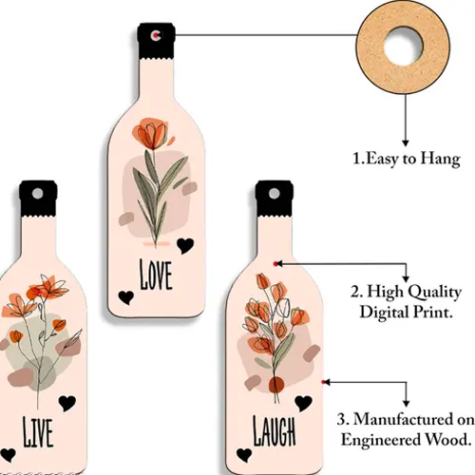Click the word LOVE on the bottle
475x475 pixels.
coord(156,275)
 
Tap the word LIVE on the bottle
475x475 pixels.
coord(38,432)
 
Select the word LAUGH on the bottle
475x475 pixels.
coord(275,431)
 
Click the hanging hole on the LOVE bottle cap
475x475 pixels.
coord(156,35)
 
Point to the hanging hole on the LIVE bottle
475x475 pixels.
coord(37,194)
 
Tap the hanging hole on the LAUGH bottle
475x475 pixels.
coord(275,194)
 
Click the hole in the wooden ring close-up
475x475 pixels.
coord(403,47)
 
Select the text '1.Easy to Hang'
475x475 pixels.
coord(407,159)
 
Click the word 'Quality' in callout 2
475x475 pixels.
coord(434,292)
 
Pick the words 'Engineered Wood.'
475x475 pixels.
coord(406,440)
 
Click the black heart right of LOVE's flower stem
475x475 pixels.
coord(185,246)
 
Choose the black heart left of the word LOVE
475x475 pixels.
coord(126,297)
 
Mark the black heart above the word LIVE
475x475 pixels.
coord(67,403)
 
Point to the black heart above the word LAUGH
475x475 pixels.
coord(303,404)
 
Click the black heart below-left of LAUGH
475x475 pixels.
coord(244,455)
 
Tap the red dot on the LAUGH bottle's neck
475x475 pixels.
coord(275,264)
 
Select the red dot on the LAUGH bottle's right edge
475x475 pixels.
coord(323,382)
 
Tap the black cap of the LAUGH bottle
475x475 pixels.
coord(275,199)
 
